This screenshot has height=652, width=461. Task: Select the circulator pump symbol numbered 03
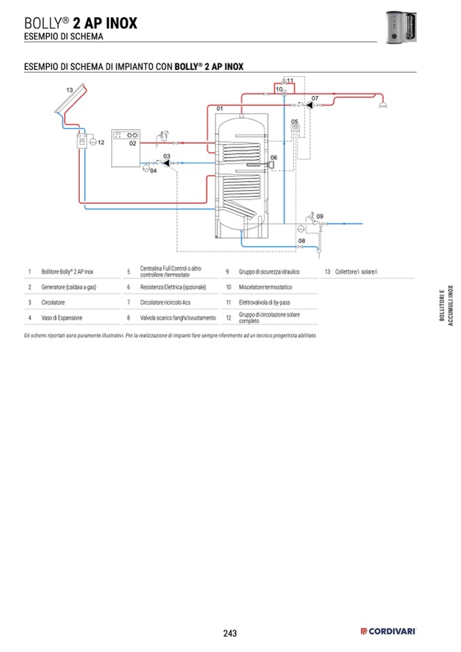tap(166, 163)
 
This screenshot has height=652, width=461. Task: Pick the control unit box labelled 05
tap(295, 129)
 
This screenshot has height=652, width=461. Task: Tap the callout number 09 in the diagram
tap(320, 216)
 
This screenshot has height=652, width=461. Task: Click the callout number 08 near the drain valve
tap(301, 241)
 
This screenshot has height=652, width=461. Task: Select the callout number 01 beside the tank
tap(220, 109)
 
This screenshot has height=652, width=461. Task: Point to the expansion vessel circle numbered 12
tap(93, 143)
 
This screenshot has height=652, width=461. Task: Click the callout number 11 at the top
tap(290, 81)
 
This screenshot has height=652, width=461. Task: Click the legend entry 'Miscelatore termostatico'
tap(265, 287)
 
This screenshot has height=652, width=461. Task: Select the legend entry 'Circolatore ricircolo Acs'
tap(165, 302)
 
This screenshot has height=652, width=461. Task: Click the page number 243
tap(230, 634)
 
